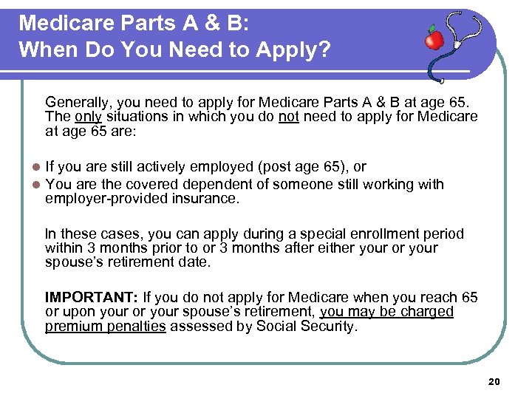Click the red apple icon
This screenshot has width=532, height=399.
(434, 38)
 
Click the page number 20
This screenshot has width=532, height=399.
(494, 381)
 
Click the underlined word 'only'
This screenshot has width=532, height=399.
(88, 117)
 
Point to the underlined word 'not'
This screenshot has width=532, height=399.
(288, 117)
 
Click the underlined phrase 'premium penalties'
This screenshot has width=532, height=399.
(105, 326)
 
